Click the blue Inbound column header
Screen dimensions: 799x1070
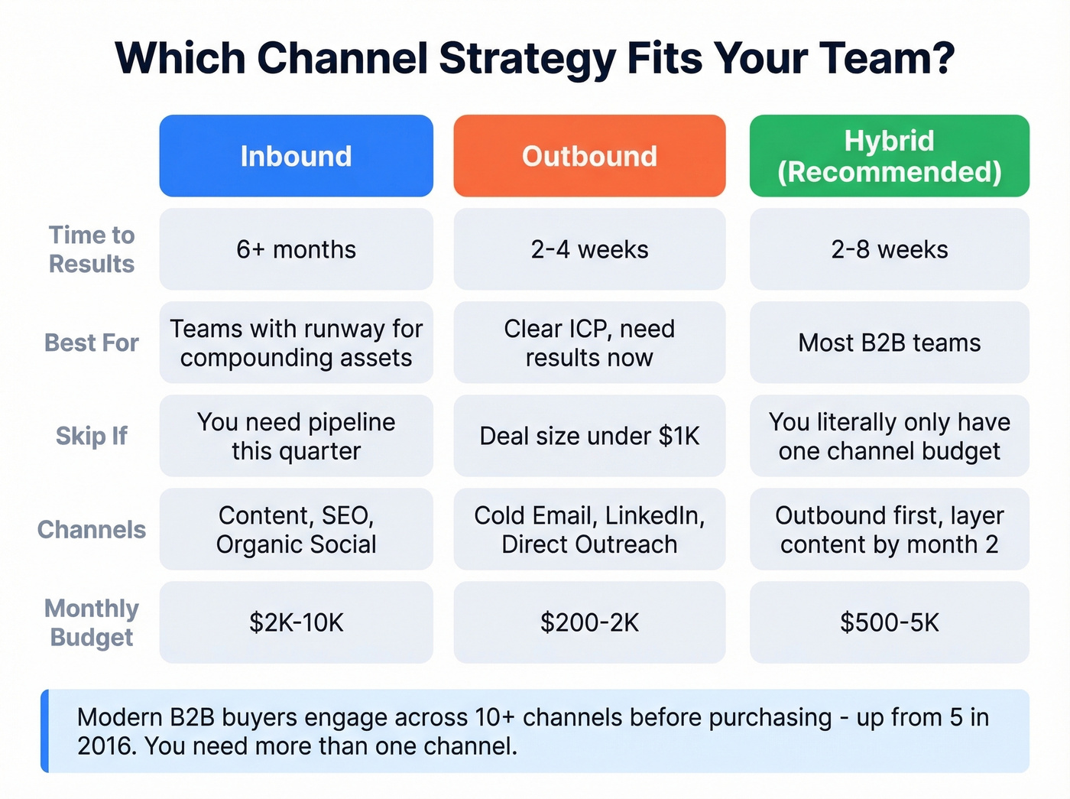296,156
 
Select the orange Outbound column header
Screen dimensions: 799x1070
589,156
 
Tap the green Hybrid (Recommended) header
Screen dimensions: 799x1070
889,156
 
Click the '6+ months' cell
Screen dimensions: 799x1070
296,249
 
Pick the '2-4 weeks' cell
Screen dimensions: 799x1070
589,249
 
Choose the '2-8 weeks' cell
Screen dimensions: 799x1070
889,249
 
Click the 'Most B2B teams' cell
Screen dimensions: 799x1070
889,343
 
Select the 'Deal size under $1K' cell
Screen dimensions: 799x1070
589,436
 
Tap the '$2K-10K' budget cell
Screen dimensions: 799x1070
296,622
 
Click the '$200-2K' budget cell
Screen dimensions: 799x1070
589,622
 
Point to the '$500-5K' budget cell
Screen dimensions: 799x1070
889,622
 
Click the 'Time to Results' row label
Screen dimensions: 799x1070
92,249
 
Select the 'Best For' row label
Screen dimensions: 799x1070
92,343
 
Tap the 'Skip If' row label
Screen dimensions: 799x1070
92,436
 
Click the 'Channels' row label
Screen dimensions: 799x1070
92,529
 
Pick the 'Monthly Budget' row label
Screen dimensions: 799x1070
92,622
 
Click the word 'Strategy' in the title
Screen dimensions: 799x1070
527,58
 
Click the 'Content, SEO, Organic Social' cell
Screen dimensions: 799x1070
296,529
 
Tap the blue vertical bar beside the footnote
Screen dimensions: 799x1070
45,731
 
